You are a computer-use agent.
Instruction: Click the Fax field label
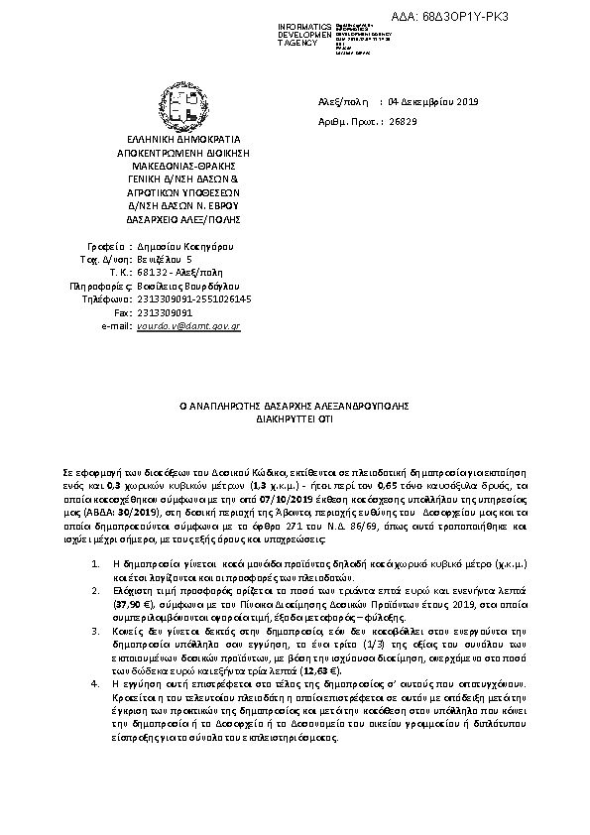point(124,311)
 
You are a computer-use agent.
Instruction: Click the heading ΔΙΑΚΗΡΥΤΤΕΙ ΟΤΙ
point(295,419)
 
